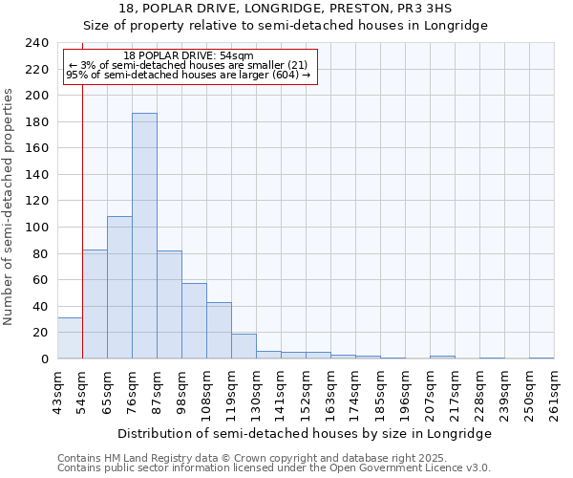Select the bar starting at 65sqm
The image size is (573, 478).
pos(119,287)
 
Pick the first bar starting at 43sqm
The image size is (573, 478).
pos(70,338)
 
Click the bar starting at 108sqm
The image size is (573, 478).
pos(219,331)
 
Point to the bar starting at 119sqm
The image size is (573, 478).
pos(244,346)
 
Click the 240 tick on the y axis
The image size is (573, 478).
pos(36,43)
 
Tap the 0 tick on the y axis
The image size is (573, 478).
pos(44,359)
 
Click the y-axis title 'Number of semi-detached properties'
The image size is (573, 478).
pos(10,206)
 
